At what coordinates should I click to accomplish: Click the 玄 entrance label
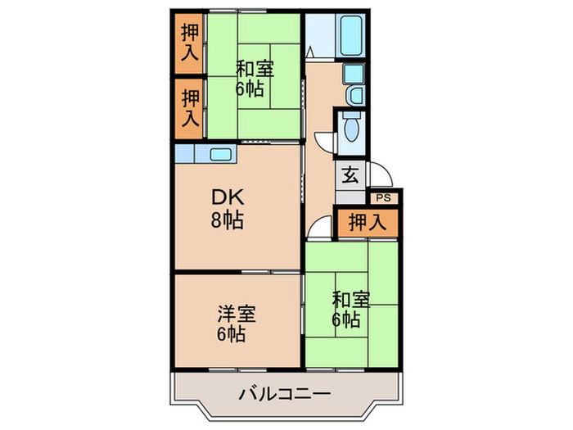(350, 175)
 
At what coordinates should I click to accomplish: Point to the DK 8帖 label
(228, 208)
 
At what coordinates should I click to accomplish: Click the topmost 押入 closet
(189, 43)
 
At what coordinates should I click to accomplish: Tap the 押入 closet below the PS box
(367, 221)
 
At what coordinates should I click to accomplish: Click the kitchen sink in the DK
(220, 153)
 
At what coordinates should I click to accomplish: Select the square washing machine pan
(353, 74)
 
